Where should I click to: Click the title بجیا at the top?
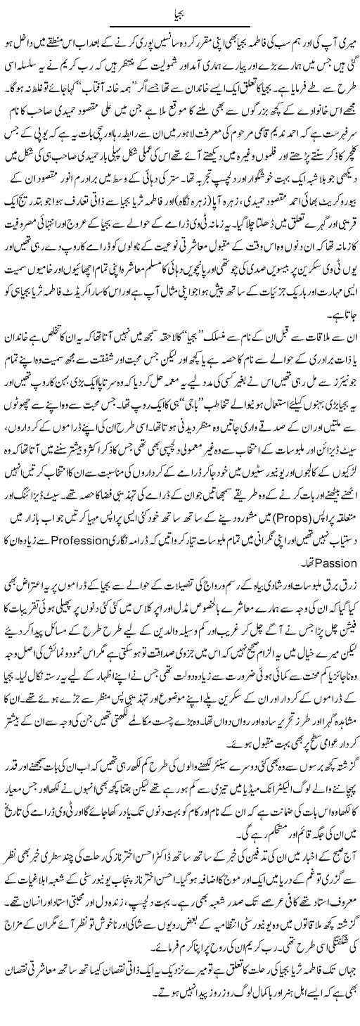pos(179,12)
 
